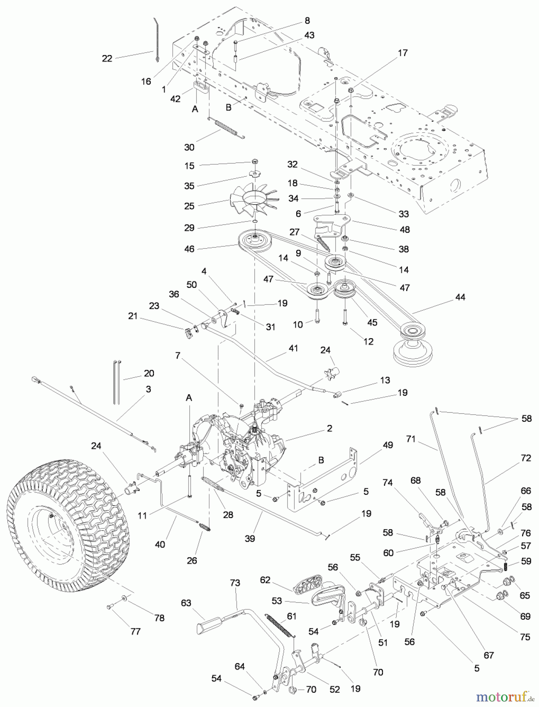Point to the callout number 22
coord(107,59)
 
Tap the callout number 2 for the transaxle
coord(329,428)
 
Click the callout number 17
coord(403,53)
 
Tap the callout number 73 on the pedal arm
coord(235,583)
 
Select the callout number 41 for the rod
coord(293,348)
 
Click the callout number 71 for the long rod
coord(411,439)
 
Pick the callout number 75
coord(526,637)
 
